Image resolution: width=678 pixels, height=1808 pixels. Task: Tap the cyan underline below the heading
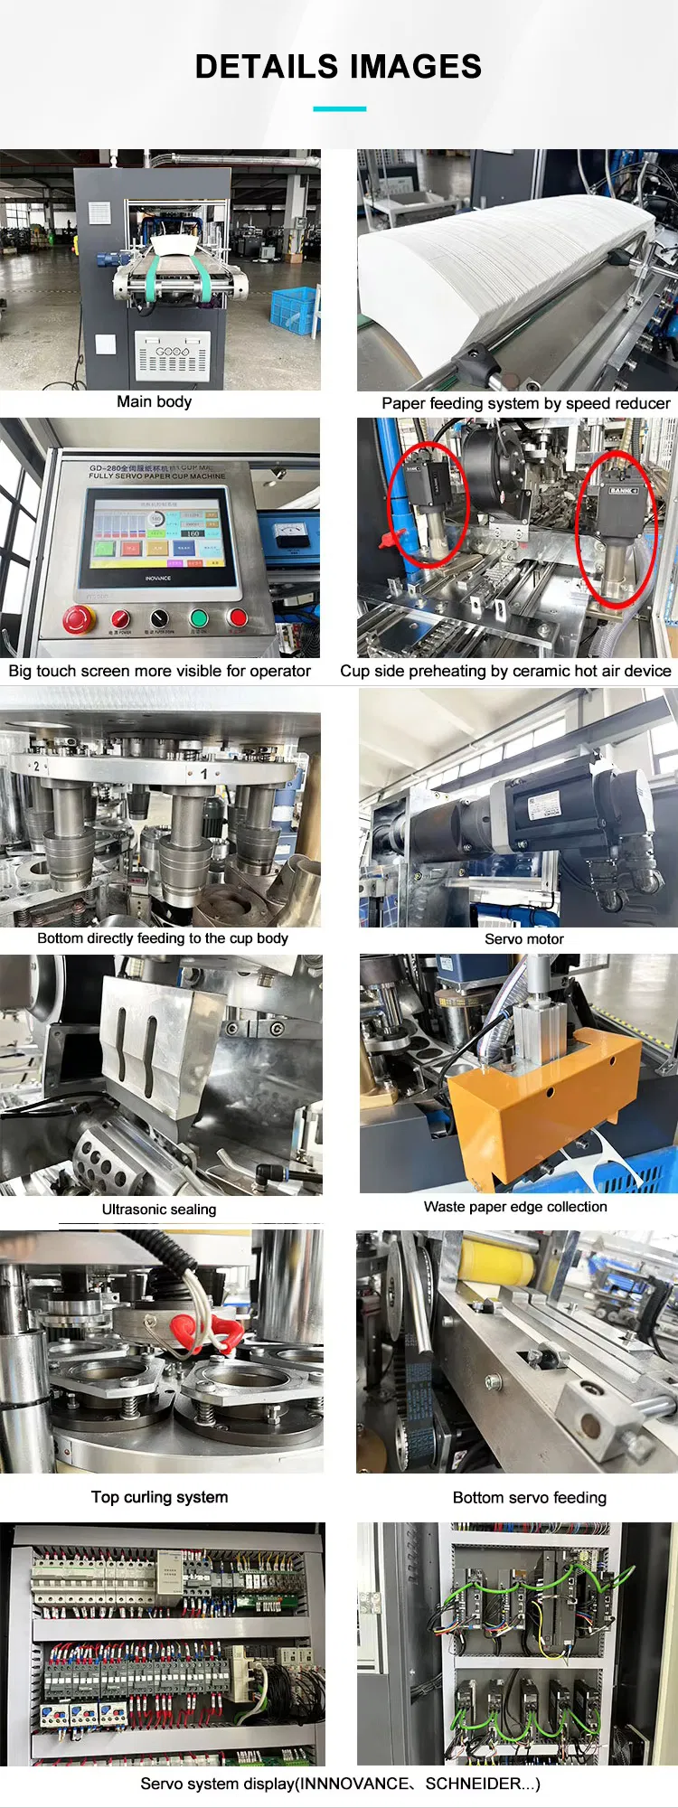click(339, 108)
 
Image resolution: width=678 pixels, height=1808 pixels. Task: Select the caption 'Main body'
click(154, 401)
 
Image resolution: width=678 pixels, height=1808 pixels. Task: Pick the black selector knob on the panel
click(159, 618)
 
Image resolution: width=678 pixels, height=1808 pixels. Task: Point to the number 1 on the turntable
click(204, 774)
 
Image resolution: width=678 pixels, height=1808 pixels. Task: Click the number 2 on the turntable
click(36, 767)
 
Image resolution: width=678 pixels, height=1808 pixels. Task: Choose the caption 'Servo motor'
click(523, 939)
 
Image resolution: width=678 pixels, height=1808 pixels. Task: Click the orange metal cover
click(542, 1103)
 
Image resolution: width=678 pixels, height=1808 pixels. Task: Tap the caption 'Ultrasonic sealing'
click(159, 1210)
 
